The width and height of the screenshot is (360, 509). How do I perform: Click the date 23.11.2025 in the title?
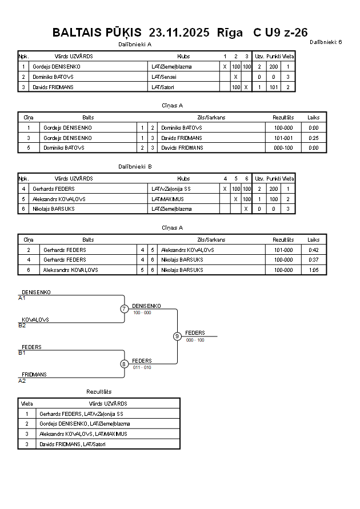click(x=179, y=33)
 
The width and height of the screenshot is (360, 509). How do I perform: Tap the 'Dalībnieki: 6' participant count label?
click(x=326, y=42)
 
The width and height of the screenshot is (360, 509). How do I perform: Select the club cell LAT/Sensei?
click(x=164, y=77)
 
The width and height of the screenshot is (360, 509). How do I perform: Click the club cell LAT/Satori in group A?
click(x=163, y=87)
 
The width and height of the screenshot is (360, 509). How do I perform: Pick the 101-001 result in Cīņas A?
click(x=283, y=138)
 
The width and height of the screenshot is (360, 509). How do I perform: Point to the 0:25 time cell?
click(x=314, y=138)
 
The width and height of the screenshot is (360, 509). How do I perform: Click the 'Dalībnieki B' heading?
click(x=135, y=166)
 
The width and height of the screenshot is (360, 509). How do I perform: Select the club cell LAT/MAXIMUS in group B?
click(x=167, y=199)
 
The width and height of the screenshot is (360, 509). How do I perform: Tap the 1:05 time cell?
click(x=314, y=270)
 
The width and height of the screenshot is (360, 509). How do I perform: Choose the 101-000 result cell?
click(x=283, y=250)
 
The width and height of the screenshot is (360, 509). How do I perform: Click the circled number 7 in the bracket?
click(x=124, y=309)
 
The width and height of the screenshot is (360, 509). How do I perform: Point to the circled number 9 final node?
click(x=177, y=336)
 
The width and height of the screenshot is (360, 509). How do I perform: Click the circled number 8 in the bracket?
click(x=124, y=364)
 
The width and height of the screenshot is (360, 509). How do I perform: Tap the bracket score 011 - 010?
click(x=142, y=367)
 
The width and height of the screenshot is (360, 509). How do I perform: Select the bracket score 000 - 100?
click(x=195, y=340)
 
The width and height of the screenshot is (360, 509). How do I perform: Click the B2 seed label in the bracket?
click(x=22, y=326)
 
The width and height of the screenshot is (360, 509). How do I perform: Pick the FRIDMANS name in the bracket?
click(x=34, y=374)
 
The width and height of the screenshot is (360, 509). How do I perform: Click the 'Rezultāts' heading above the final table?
click(x=99, y=391)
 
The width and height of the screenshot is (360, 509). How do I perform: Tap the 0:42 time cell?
click(x=314, y=250)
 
